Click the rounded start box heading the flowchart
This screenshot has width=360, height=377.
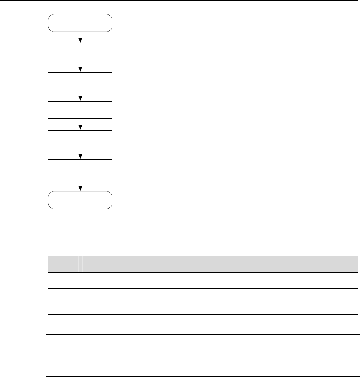(x=80, y=23)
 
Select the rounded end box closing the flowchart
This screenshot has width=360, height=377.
(x=80, y=200)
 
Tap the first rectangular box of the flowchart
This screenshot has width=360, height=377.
(x=80, y=52)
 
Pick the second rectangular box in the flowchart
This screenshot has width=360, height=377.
(x=80, y=81)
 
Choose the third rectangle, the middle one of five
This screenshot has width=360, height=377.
(x=80, y=110)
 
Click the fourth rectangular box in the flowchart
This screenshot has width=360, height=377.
(x=80, y=139)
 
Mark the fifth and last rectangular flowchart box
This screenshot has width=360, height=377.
(x=80, y=168)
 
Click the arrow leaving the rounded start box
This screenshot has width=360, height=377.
(x=80, y=37)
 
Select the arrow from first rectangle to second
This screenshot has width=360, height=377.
(x=80, y=66)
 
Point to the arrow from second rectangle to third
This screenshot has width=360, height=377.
(x=80, y=95)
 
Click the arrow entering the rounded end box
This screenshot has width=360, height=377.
(x=80, y=184)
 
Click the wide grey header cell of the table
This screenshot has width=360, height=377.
(x=217, y=264)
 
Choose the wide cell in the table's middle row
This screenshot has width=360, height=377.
(x=217, y=280)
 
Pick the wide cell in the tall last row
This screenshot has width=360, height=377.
(x=217, y=301)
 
